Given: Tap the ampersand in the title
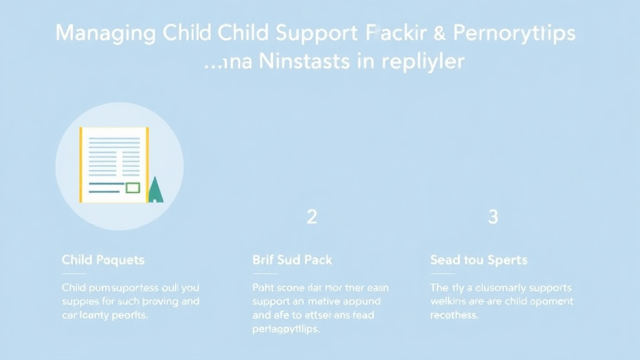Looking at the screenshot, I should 440,34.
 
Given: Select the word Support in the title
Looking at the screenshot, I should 312,34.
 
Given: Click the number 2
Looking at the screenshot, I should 312,217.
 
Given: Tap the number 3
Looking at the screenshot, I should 493,217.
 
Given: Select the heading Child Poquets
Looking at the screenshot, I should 103,259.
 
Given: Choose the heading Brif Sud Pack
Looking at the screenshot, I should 292,259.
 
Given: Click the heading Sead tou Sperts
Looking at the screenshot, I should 479,259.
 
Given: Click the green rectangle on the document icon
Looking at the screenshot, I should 132,187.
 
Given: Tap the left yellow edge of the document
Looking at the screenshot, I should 81,165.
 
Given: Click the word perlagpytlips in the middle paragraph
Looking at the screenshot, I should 286,329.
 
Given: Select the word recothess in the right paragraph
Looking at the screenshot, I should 454,315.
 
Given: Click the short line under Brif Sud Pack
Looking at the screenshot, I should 264,274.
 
